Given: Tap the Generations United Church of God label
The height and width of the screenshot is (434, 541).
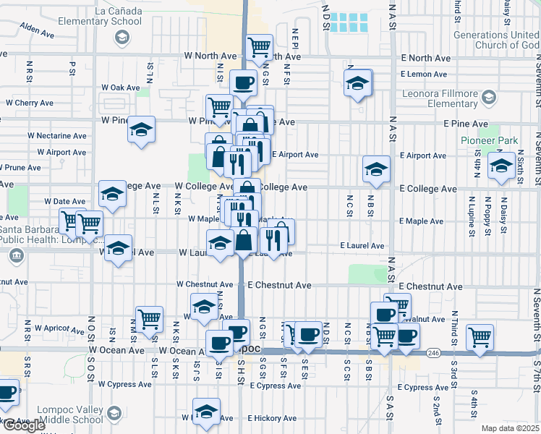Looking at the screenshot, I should [496, 40].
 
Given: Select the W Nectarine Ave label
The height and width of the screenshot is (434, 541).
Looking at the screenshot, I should [57, 135].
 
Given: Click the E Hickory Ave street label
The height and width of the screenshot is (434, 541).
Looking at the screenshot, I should [270, 418].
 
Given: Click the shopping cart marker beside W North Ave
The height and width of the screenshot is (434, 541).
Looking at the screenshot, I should [260, 48].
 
